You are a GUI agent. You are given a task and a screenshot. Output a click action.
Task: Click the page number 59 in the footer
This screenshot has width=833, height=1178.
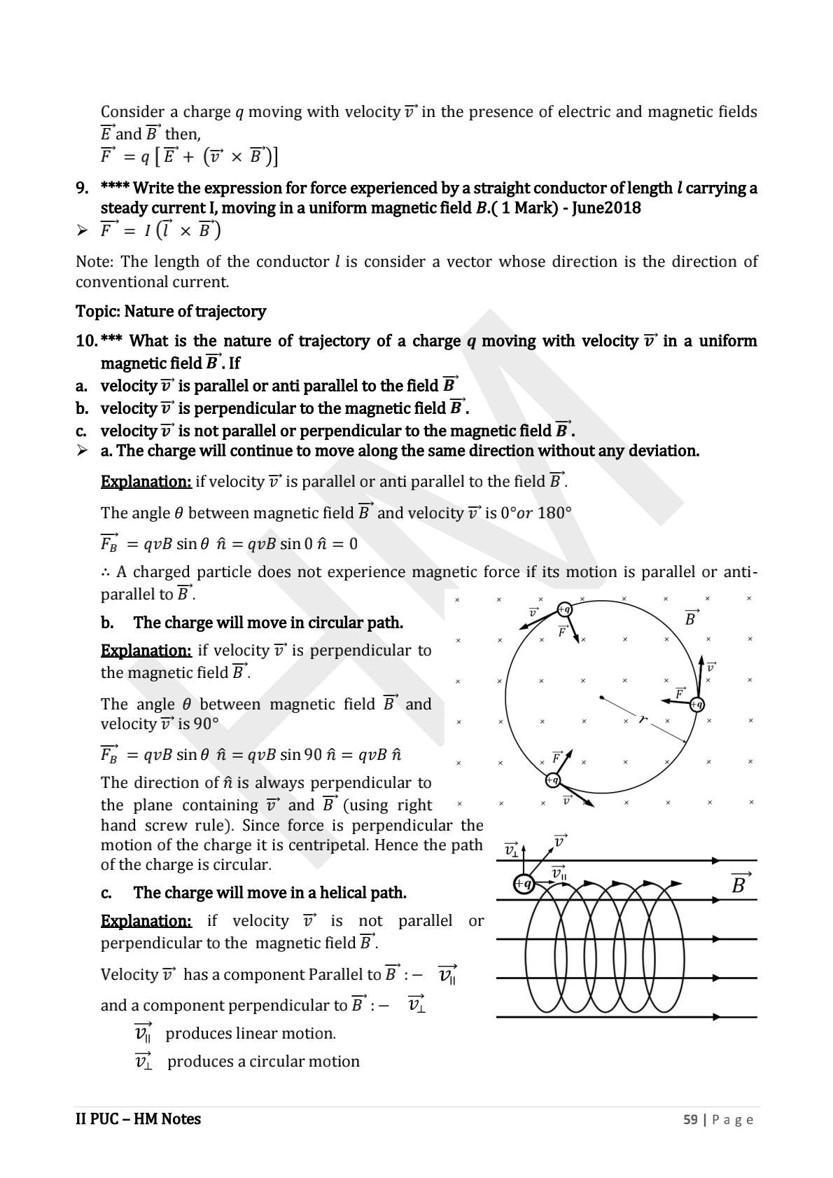[690, 1119]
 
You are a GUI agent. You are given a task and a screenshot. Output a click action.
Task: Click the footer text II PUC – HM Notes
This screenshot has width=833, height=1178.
[138, 1119]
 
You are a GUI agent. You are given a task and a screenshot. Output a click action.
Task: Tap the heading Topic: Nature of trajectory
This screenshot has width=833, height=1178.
[171, 311]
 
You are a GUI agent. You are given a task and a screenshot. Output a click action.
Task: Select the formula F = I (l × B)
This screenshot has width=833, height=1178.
[160, 230]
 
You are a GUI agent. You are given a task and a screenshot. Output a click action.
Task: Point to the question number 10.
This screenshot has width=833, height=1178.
[86, 341]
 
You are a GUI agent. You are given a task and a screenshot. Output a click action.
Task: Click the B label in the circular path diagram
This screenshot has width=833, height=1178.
[691, 618]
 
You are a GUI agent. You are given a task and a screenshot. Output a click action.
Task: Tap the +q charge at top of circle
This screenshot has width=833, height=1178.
[564, 609]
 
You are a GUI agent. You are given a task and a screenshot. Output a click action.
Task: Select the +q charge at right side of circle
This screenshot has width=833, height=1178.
[696, 705]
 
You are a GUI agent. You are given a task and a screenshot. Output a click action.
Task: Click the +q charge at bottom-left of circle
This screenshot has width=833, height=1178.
[553, 779]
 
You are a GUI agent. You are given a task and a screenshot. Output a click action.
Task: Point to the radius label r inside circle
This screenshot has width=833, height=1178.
[641, 719]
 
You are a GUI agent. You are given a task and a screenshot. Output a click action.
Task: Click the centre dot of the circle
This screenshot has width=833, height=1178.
[601, 697]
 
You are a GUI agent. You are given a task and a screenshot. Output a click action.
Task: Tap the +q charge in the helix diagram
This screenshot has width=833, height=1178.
[523, 885]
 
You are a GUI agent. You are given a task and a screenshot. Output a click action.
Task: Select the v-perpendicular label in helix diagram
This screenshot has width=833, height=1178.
[512, 850]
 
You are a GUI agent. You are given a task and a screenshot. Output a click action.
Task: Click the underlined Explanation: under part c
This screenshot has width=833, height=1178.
[146, 921]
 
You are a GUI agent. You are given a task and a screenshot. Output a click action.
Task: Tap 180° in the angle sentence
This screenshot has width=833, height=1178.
[554, 513]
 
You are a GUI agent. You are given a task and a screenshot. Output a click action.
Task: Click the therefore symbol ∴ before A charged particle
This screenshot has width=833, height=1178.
[105, 572]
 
